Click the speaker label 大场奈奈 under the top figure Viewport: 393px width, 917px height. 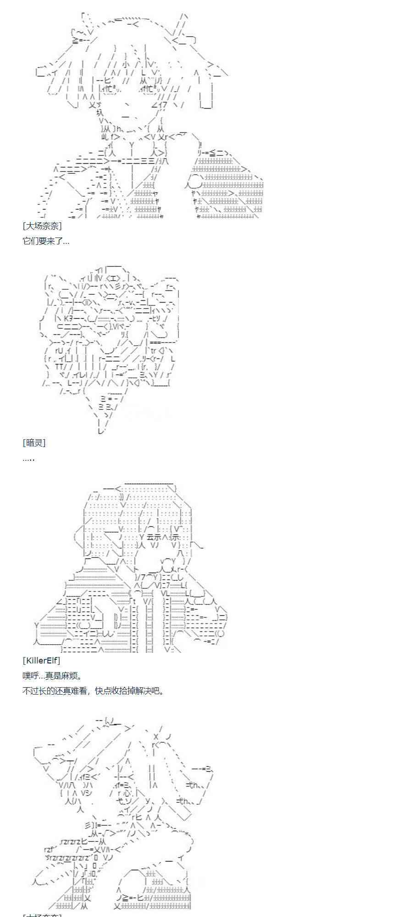tap(42, 226)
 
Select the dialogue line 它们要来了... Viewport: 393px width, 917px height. tap(45, 241)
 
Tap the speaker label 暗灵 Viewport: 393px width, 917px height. tap(34, 442)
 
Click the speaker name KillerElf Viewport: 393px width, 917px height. tap(41, 660)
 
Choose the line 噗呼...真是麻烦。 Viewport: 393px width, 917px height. tap(52, 675)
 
